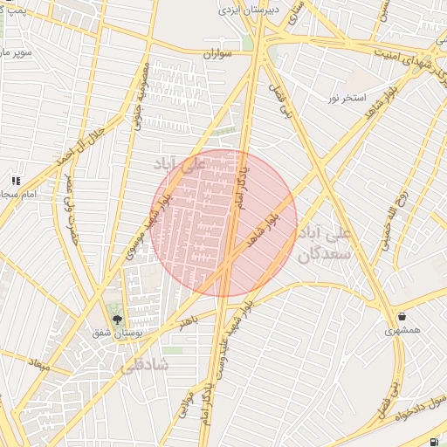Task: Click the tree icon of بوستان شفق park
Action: tap(117, 320)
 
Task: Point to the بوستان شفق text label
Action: tap(116, 334)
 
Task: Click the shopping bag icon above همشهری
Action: tap(402, 316)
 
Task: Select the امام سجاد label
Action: tap(18, 193)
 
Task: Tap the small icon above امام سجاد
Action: tap(15, 180)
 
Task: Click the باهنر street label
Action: tap(184, 323)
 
